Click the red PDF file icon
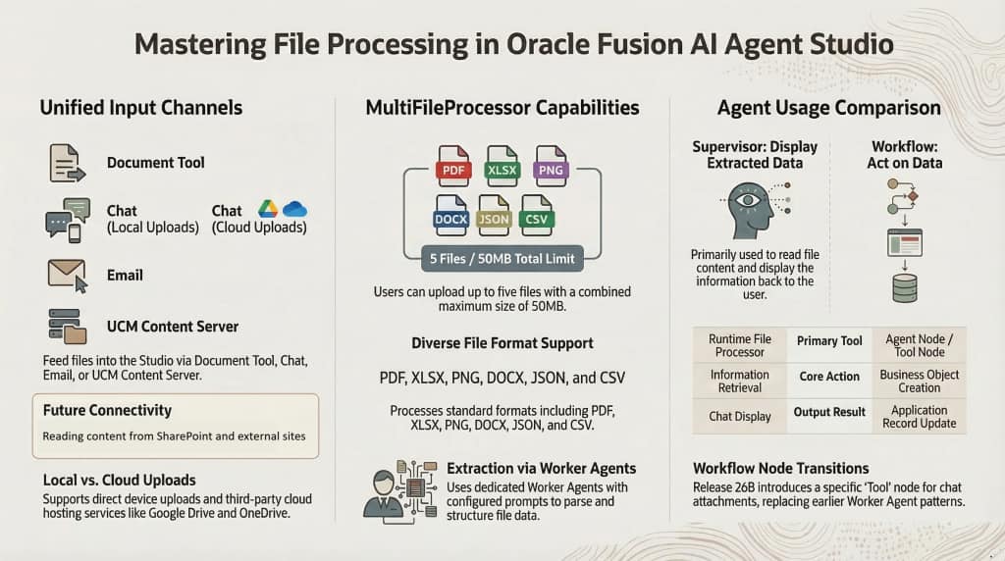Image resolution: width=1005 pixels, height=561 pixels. (x=453, y=166)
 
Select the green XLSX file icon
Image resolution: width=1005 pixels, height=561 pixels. (x=502, y=166)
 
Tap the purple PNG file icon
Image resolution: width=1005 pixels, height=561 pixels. (x=550, y=166)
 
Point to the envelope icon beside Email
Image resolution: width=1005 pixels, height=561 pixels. (x=67, y=274)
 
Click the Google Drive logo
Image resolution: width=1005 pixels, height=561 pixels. (x=267, y=209)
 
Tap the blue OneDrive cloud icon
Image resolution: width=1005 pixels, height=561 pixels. (x=294, y=209)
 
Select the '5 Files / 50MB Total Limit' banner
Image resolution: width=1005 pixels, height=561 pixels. (x=502, y=260)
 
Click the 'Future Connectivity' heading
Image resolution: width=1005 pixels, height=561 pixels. (x=107, y=410)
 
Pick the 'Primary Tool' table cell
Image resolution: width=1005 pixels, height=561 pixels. (x=829, y=341)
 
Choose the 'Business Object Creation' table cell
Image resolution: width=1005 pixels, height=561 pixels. (x=920, y=382)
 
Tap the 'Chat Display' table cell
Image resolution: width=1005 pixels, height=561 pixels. (x=739, y=416)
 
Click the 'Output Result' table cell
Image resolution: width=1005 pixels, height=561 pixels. (x=829, y=413)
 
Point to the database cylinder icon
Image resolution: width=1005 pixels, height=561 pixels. (x=904, y=287)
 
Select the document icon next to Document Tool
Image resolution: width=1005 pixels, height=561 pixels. (x=65, y=162)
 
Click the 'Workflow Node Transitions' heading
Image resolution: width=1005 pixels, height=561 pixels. (x=781, y=468)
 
